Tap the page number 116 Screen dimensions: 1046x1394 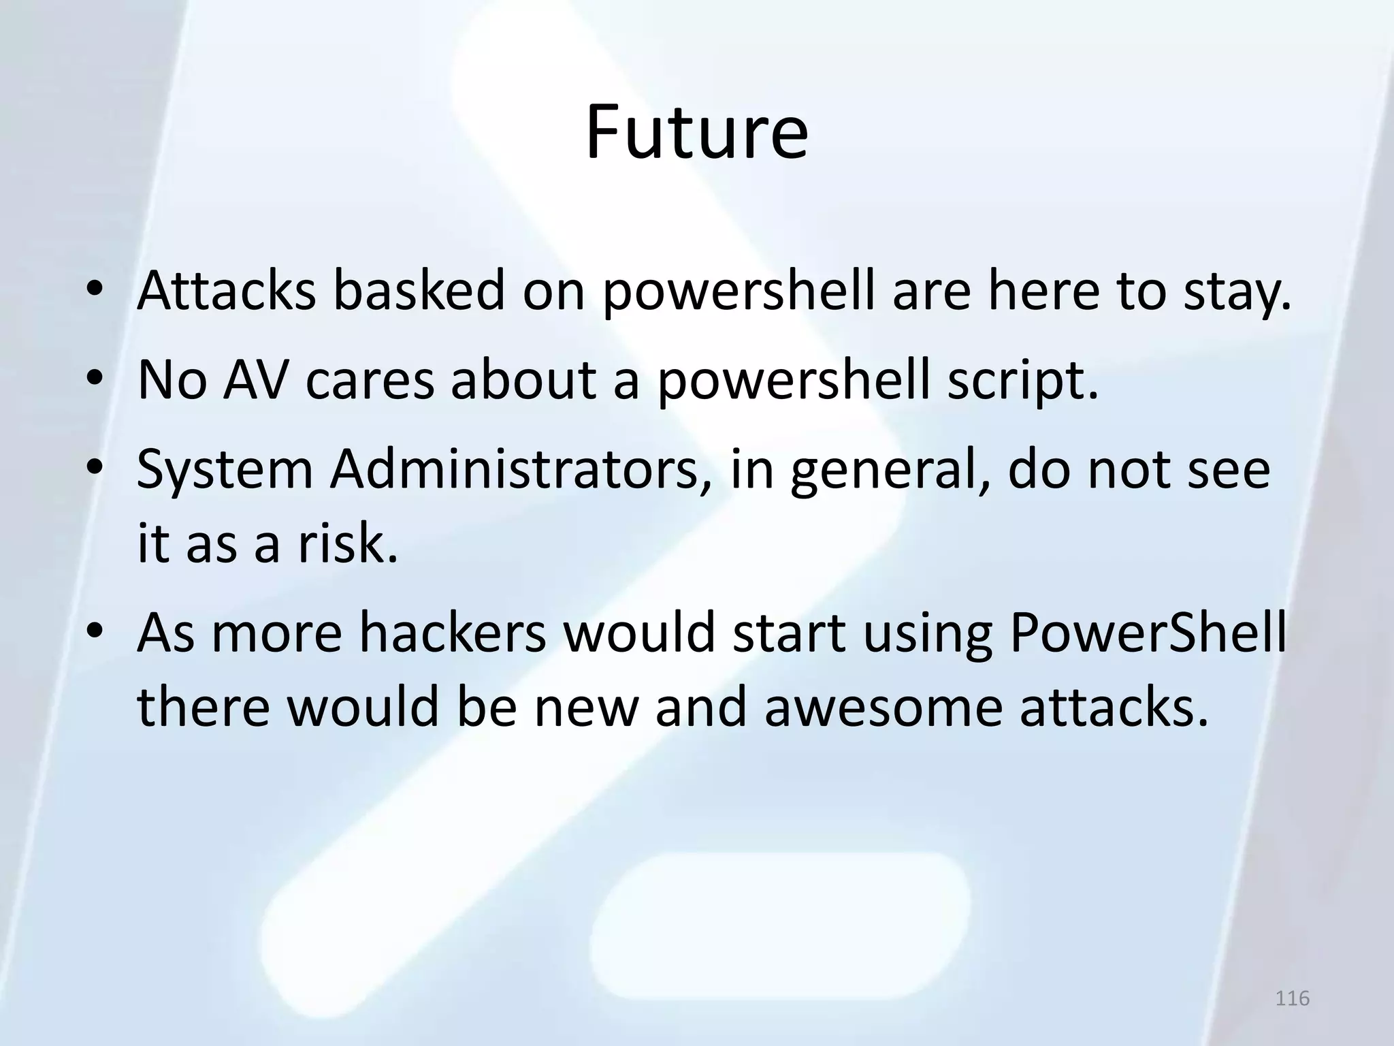click(x=1292, y=998)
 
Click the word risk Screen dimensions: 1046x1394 click(x=346, y=544)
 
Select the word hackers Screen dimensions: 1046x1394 click(x=452, y=633)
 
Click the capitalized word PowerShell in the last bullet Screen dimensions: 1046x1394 click(x=1148, y=633)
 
